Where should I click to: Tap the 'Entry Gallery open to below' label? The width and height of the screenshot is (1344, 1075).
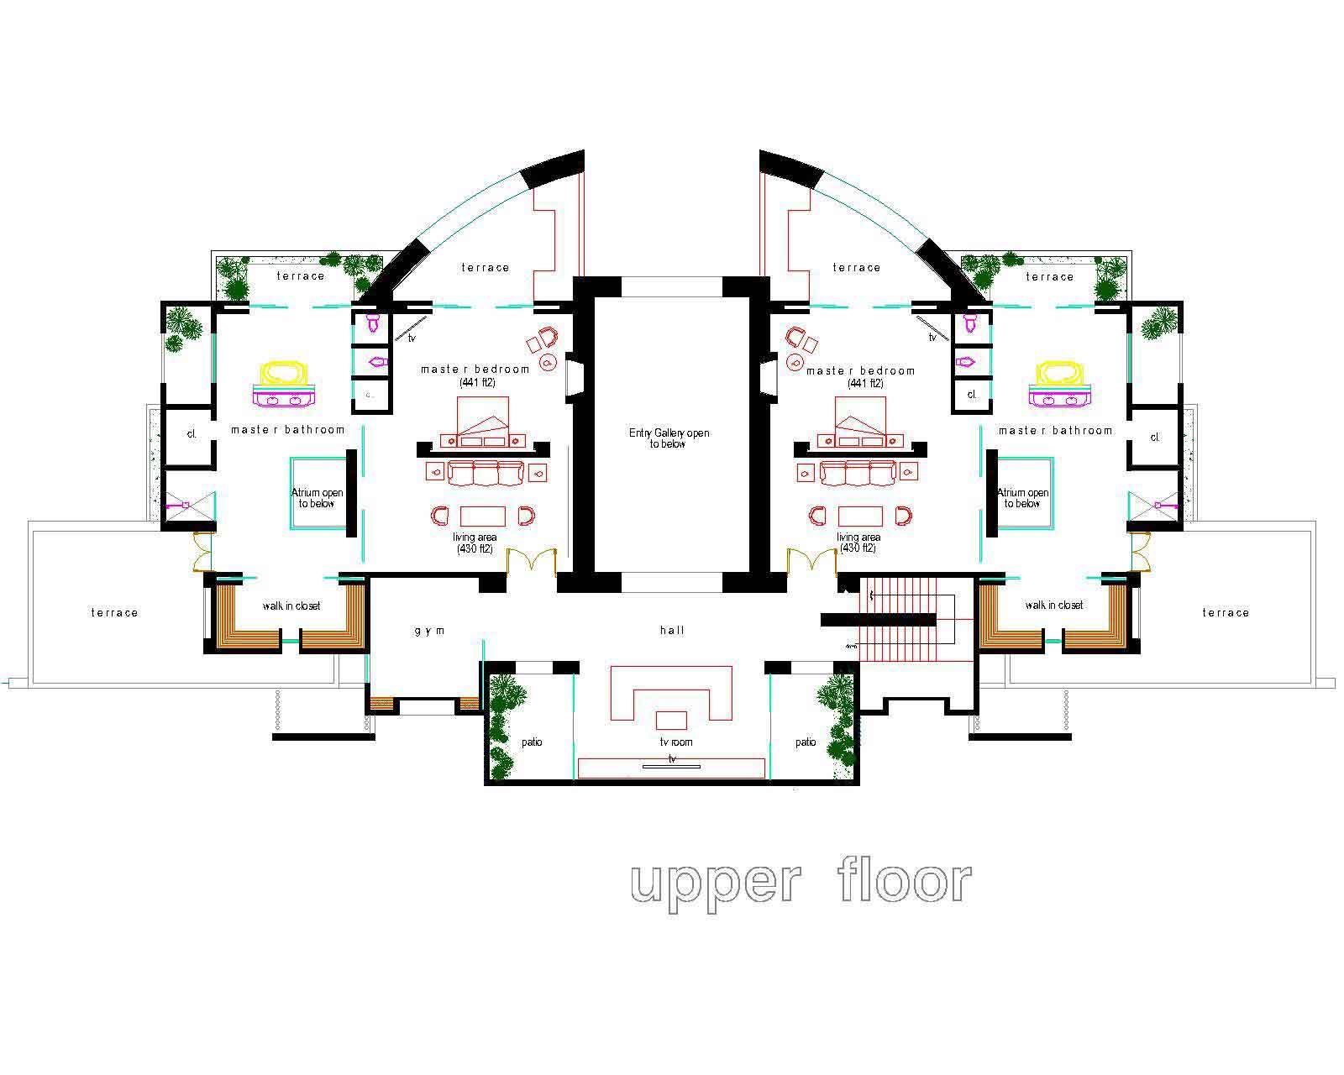pos(669,438)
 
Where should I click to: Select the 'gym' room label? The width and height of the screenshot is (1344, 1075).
pos(429,631)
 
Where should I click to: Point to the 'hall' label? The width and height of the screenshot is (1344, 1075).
pos(672,630)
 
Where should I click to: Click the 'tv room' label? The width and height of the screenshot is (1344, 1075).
pos(675,742)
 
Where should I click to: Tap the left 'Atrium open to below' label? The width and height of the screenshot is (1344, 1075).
pos(317,498)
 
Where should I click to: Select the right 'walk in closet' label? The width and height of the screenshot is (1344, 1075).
pos(1054,606)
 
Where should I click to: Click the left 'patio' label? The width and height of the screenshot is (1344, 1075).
pos(532,742)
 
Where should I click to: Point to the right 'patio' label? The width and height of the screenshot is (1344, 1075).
pos(806,742)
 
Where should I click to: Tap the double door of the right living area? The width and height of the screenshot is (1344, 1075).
pos(811,561)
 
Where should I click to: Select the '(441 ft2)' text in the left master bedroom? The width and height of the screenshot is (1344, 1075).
pos(477,383)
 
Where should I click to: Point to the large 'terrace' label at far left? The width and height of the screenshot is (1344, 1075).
pos(114,613)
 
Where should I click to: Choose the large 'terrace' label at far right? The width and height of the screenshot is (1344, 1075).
pos(1226,613)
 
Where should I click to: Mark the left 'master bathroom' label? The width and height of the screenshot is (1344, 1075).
pos(288,430)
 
